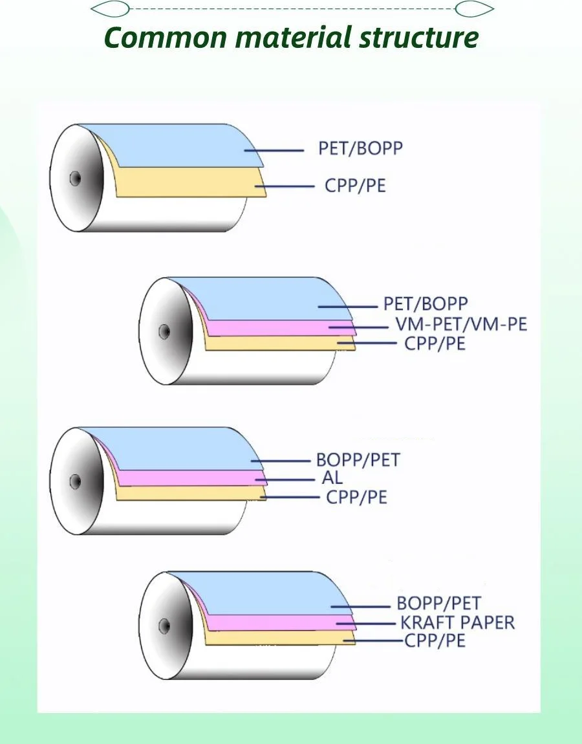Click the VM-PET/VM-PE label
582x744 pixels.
point(461,323)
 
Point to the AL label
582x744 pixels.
point(332,479)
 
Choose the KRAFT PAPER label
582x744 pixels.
point(457,623)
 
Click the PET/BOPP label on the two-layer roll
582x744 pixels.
point(360,148)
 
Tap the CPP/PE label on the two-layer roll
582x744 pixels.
point(355,186)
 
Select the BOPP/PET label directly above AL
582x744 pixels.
point(358,461)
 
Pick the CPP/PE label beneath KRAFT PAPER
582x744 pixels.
point(435,641)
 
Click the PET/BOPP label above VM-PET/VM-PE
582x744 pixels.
point(426,303)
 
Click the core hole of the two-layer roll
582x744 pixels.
point(75,177)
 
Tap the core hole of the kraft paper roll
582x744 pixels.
point(164,625)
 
